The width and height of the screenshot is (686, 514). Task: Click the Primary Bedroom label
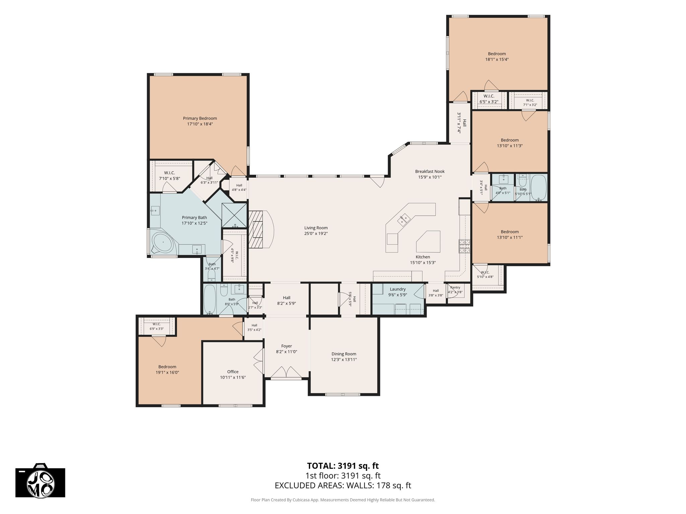[x=200, y=118]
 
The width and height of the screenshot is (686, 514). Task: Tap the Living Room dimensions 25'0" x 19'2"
[x=316, y=234]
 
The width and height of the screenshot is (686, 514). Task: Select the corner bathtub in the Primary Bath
[x=163, y=242]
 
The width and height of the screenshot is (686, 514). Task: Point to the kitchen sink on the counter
[x=404, y=220]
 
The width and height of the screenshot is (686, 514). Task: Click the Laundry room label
[x=398, y=289]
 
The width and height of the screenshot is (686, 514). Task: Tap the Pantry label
[x=455, y=287]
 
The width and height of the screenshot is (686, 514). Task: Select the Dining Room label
[x=344, y=354]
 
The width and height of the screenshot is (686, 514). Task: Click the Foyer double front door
[x=286, y=372]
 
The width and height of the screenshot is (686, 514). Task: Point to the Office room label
[x=233, y=372]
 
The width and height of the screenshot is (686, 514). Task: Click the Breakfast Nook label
[x=430, y=172]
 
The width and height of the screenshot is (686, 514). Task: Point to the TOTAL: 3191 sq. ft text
[x=343, y=466]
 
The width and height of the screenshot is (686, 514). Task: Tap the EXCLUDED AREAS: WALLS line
[x=343, y=486]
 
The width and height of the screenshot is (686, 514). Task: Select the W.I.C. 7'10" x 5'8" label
[x=169, y=176]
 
